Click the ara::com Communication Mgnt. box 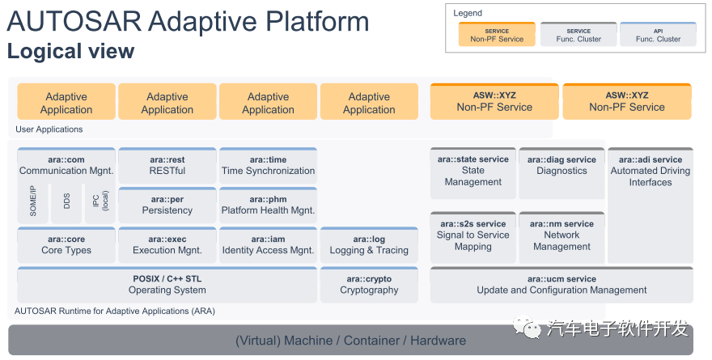[66, 165]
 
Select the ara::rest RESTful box [167, 165]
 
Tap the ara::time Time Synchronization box [268, 165]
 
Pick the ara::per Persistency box [167, 205]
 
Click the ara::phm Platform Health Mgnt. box [268, 205]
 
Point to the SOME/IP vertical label [32, 202]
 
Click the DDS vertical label [66, 202]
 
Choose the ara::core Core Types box [66, 244]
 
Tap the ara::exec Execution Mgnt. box [167, 244]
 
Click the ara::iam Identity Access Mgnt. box [268, 244]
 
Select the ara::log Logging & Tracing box [369, 244]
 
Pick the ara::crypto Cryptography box [369, 285]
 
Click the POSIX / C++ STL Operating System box [167, 285]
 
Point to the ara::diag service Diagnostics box [562, 172]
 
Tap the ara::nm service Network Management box [562, 235]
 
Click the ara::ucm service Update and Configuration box [562, 285]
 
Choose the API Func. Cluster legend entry [658, 34]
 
